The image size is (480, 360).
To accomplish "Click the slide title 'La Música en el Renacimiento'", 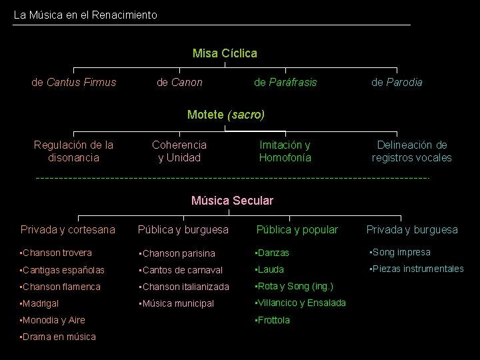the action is pyautogui.click(x=85, y=14).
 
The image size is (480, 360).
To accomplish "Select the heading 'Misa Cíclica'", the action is pyautogui.click(x=225, y=53).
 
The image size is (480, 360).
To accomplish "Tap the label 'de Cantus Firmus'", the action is pyautogui.click(x=74, y=82).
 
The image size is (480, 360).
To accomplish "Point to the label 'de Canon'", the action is pyautogui.click(x=179, y=82).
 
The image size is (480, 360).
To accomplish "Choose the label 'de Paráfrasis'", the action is pyautogui.click(x=285, y=82).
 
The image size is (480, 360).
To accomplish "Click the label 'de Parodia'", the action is pyautogui.click(x=397, y=82).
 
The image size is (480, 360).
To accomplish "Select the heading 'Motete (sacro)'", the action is pyautogui.click(x=226, y=115).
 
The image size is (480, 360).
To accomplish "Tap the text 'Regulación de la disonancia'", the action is pyautogui.click(x=74, y=151).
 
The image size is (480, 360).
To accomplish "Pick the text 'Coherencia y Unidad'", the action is pyautogui.click(x=179, y=151).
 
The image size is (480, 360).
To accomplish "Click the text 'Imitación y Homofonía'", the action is pyautogui.click(x=285, y=151).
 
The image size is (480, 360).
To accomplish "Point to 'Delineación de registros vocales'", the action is pyautogui.click(x=411, y=151).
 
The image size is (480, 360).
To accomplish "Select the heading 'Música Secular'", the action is pyautogui.click(x=232, y=200).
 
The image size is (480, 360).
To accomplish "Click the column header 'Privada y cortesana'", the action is pyautogui.click(x=68, y=229).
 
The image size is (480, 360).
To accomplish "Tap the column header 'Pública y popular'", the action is pyautogui.click(x=297, y=229).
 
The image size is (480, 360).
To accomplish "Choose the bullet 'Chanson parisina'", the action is pyautogui.click(x=179, y=253).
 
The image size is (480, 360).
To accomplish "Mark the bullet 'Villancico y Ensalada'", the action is pyautogui.click(x=302, y=303).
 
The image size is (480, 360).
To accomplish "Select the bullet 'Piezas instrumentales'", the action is pyautogui.click(x=418, y=269).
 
